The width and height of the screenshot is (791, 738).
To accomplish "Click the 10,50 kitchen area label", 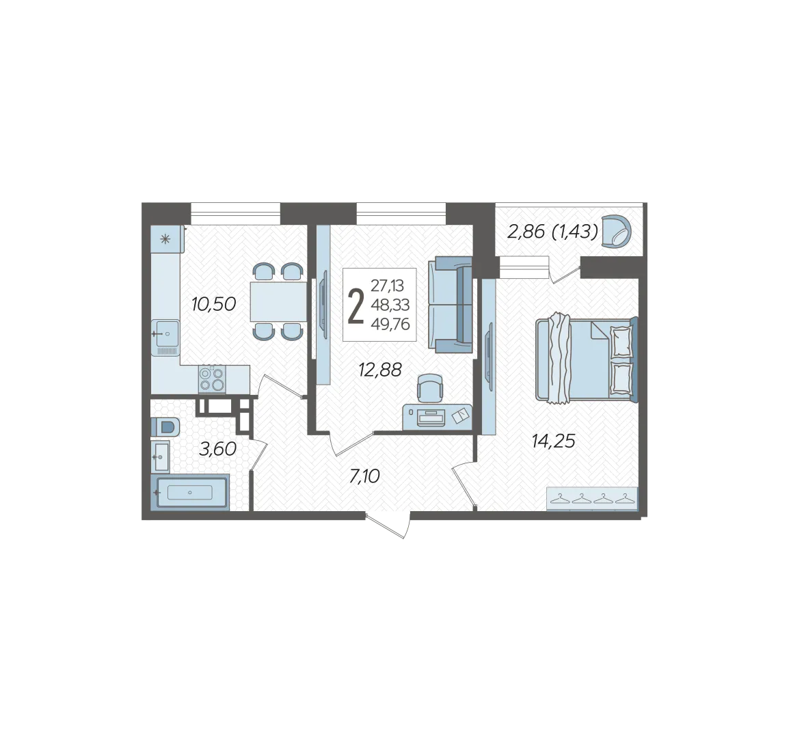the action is click(213, 304).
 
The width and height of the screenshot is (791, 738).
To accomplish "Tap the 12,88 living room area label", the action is click(380, 370).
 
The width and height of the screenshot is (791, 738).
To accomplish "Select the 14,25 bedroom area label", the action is click(553, 441).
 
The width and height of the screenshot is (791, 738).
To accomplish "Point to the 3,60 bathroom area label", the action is click(217, 449).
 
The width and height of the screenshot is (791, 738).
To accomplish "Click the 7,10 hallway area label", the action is click(364, 476).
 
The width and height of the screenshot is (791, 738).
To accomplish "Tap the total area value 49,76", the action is click(390, 324).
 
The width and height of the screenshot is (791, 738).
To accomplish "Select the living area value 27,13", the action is click(388, 286).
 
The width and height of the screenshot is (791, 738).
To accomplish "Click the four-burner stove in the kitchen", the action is click(212, 379).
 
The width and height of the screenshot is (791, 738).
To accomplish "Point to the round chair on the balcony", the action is click(617, 232).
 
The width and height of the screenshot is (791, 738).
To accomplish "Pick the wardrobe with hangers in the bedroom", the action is click(592, 499).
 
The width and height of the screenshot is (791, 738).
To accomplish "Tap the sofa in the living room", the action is click(451, 305).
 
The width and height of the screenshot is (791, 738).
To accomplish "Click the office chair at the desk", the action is click(430, 389).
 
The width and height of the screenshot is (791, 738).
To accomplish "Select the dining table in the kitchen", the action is click(278, 301).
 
